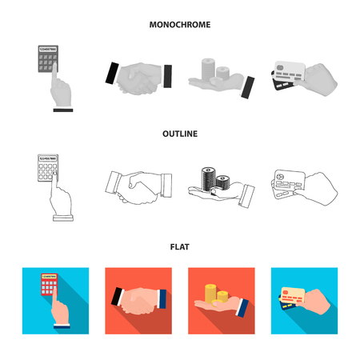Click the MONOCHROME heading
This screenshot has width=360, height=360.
[x=180, y=25]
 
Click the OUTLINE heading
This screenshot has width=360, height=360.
[x=180, y=134]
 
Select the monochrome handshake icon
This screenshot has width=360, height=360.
[x=138, y=78]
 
